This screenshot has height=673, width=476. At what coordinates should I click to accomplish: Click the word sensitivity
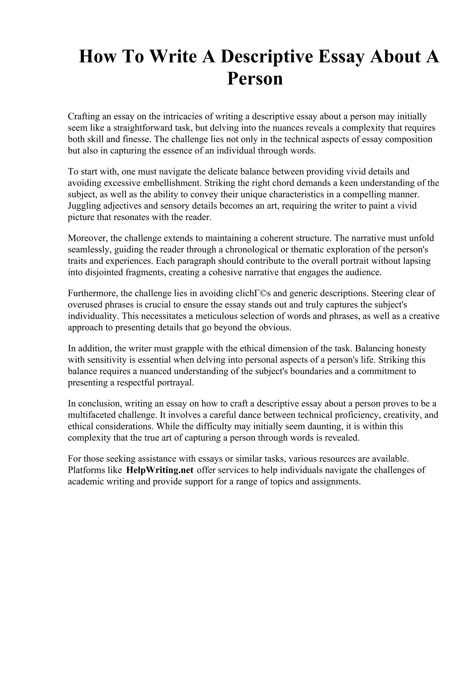coord(110,360)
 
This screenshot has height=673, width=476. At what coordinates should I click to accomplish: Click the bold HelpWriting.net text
coord(159,470)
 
